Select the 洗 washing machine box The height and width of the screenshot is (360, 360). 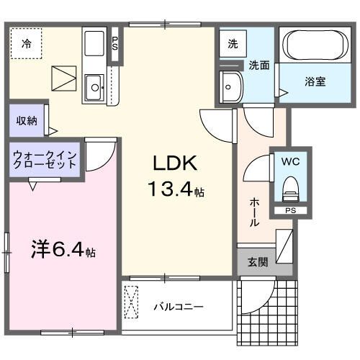tap(232, 44)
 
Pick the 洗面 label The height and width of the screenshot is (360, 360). tap(259, 65)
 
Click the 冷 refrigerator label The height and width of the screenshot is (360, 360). tap(26, 44)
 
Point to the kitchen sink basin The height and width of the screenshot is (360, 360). tap(94, 89)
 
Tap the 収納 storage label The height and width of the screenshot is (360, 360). tap(27, 120)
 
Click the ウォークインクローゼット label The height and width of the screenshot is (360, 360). tap(45, 159)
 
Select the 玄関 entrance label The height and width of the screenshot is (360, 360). tap(258, 262)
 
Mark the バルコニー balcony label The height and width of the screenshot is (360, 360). tap(178, 307)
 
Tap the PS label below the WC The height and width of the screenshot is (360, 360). tap(290, 211)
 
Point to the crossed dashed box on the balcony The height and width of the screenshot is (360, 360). tap(132, 302)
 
